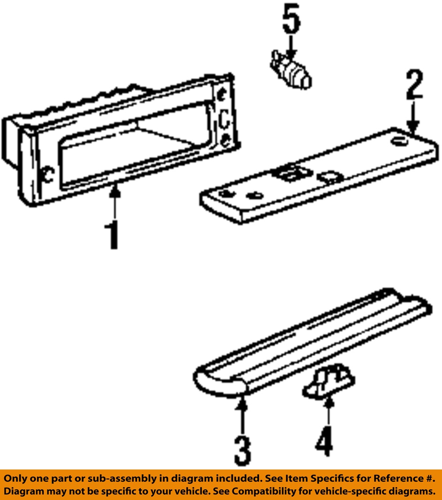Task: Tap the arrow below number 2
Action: point(413,117)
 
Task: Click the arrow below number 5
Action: point(290,47)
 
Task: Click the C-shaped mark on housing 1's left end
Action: point(48,175)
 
